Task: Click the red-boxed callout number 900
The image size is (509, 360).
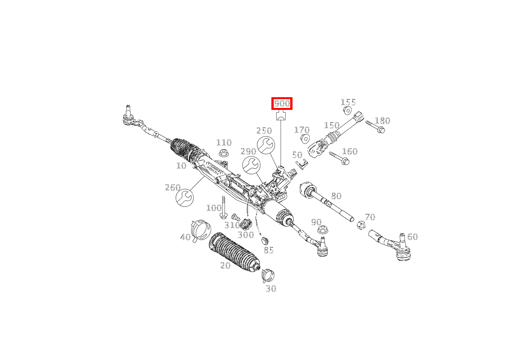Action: (x=282, y=103)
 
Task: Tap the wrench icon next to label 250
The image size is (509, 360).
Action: (x=266, y=145)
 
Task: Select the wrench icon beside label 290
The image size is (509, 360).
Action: (x=251, y=165)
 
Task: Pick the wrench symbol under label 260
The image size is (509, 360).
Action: (x=185, y=197)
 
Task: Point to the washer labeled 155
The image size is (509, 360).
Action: (x=347, y=111)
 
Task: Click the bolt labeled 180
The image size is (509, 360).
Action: (x=376, y=127)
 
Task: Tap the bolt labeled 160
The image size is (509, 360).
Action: (x=340, y=158)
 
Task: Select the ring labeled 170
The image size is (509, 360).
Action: (x=305, y=138)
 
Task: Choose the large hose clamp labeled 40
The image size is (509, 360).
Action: (x=201, y=230)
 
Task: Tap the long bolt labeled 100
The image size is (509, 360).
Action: (x=224, y=208)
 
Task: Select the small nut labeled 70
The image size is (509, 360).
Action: (x=361, y=225)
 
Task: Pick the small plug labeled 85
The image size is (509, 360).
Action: (x=264, y=241)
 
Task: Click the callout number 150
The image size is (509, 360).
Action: (x=332, y=125)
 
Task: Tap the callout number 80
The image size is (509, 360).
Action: (x=336, y=196)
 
